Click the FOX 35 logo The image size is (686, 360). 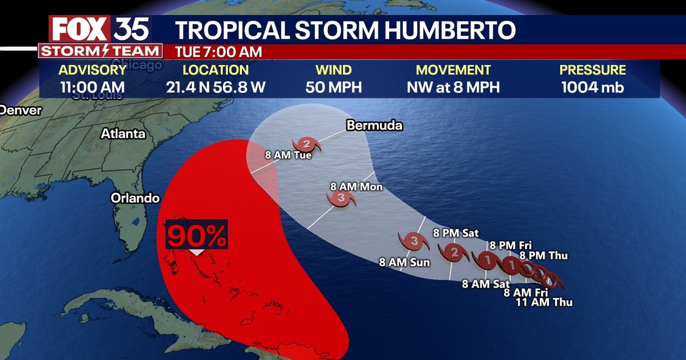100,29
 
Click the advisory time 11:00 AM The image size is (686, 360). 93,87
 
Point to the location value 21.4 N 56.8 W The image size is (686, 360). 216,87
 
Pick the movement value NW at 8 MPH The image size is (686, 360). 453,87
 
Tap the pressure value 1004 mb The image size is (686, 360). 592,87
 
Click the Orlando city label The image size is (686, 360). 135,198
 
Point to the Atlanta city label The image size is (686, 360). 123,134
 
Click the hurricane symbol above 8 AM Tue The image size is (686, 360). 307,144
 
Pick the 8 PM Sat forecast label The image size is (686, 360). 456,233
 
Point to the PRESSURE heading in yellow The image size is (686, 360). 592,70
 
